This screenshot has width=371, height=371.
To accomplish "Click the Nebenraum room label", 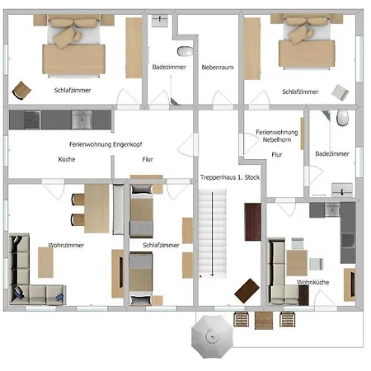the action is (x=218, y=67).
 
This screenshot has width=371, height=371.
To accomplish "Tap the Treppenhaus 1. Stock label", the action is (x=230, y=177).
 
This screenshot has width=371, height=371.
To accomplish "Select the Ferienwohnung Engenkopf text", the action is (x=106, y=144).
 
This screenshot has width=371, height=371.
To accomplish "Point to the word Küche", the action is (x=67, y=159).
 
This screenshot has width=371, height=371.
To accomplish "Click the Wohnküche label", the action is (x=312, y=282).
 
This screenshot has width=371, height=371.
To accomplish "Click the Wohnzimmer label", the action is (x=66, y=245).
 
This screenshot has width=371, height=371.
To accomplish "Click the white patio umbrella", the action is (x=212, y=336).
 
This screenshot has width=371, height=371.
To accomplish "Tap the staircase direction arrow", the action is (x=212, y=234).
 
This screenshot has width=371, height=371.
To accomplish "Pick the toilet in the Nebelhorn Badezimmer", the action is (x=343, y=118).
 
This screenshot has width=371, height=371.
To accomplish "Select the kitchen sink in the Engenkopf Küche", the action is (x=82, y=120).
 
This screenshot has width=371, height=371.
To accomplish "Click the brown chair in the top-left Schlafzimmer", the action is (x=21, y=90).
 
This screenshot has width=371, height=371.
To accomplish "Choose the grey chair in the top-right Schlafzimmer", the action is (x=340, y=92).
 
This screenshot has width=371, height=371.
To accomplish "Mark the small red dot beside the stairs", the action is (x=200, y=276).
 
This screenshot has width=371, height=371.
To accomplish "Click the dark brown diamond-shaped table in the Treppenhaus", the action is (x=247, y=291).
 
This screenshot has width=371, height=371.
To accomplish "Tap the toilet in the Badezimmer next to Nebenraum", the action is (x=185, y=51).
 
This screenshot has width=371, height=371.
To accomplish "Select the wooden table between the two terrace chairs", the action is (x=264, y=320).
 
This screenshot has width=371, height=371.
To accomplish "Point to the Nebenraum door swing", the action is (x=219, y=97).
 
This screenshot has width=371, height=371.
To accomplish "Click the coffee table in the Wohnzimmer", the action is (x=45, y=262).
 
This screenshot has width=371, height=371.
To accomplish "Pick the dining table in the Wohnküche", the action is (x=297, y=263).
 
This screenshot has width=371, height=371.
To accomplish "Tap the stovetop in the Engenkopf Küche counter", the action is (x=32, y=120).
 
